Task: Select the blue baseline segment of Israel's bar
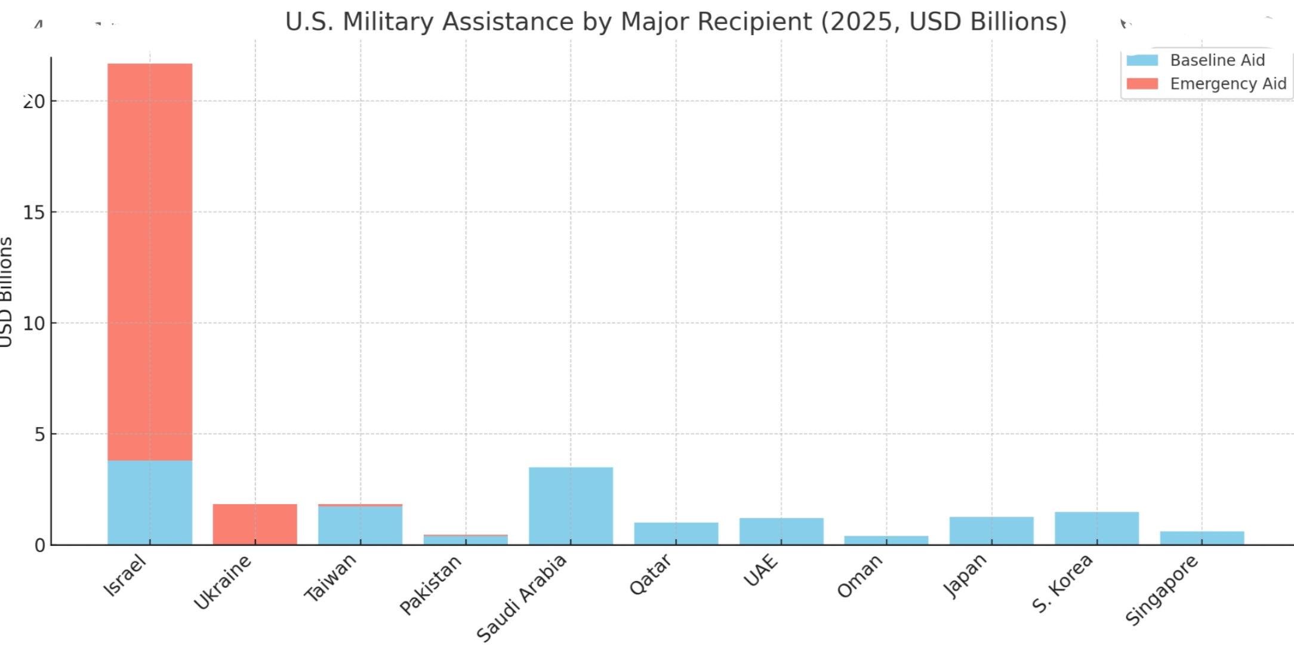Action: coord(150,502)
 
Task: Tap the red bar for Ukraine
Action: coord(255,524)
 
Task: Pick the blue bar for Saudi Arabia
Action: coord(571,506)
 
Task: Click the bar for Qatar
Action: coord(676,533)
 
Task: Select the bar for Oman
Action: coord(886,540)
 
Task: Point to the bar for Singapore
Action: coord(1202,537)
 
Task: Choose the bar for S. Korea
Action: coord(1096,528)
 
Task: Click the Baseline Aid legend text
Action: coord(1217,60)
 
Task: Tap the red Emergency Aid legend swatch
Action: coord(1142,84)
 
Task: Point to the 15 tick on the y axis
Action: coord(34,213)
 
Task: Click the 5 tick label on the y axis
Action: coord(39,435)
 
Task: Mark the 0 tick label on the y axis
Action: coord(39,545)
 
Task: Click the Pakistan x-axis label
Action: coord(430,585)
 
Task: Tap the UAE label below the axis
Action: coord(761,570)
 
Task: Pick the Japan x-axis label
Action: coord(965,576)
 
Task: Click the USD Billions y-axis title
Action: coord(6,291)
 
